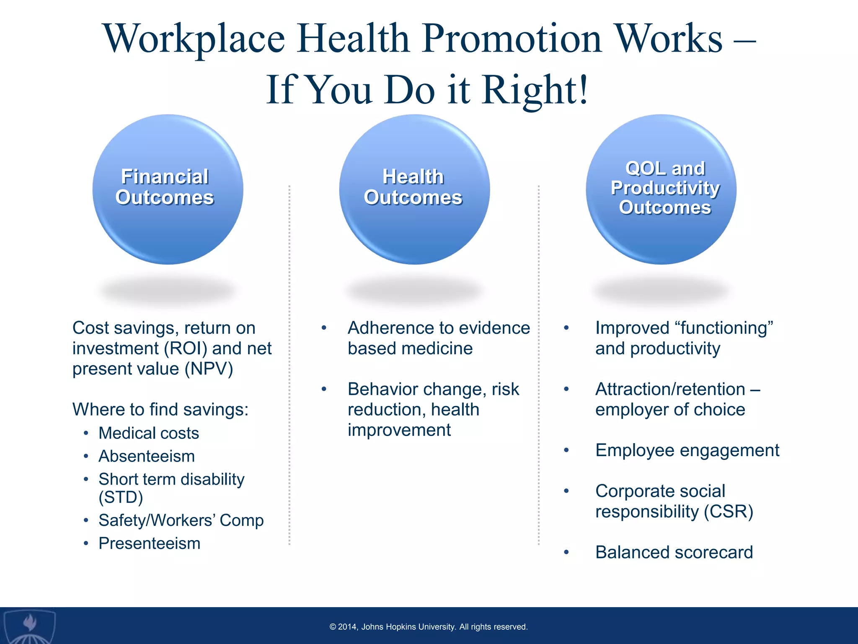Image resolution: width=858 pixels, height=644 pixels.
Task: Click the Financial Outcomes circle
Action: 168,190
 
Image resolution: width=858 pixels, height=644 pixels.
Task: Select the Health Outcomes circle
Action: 414,190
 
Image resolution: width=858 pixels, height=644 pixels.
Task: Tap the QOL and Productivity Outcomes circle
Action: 661,190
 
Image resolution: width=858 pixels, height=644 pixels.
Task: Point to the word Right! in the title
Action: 535,90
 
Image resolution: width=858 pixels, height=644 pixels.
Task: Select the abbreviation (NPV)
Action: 211,369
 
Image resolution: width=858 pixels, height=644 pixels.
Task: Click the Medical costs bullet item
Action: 149,433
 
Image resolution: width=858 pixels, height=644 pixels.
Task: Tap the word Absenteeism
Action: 147,456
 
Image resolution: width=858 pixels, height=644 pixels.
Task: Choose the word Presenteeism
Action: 150,543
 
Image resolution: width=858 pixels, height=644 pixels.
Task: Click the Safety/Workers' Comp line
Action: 181,520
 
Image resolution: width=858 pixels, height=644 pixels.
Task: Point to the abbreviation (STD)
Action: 121,498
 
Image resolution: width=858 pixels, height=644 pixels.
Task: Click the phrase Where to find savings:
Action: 160,410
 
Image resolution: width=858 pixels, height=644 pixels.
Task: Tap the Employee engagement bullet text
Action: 687,450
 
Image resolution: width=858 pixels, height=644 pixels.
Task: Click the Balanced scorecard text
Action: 674,552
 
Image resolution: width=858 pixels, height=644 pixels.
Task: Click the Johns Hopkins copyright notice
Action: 429,627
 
